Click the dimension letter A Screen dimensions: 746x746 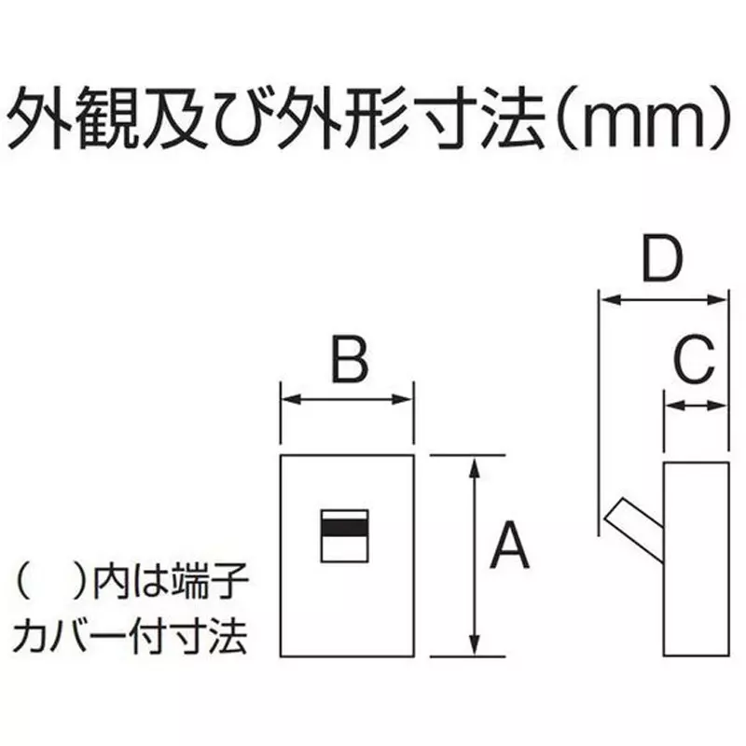pos(509,546)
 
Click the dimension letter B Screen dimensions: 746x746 pos(350,359)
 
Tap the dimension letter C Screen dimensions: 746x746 pos(695,360)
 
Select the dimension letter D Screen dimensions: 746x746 pos(662,258)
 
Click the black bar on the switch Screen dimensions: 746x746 pos(344,527)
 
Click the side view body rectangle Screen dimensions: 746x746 pos(696,559)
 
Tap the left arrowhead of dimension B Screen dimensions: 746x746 pos(290,399)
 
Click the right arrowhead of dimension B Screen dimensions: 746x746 pos(403,399)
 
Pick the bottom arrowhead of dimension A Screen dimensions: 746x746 pos(474,645)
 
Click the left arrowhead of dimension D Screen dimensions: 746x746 pos(610,300)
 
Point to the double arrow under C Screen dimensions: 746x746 pos(696,406)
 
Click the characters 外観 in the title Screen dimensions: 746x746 pos(75,117)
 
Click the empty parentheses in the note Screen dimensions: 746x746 pos(50,581)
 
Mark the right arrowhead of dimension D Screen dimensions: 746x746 pos(717,300)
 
